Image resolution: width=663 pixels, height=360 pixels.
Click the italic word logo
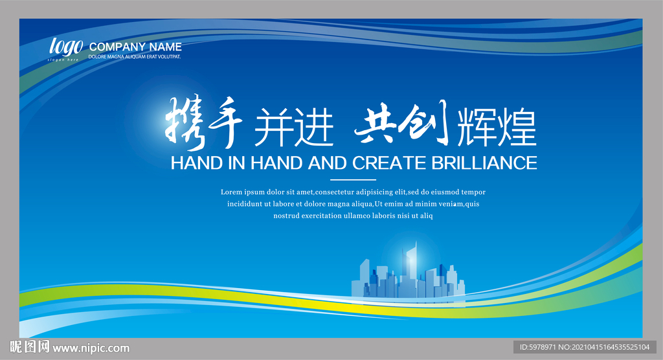[x=66, y=47]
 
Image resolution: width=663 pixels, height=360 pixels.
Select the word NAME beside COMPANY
[x=165, y=47]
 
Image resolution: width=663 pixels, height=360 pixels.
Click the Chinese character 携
[x=185, y=123]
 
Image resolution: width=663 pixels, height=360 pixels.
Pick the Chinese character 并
[x=273, y=126]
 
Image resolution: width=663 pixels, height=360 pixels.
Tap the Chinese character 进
[x=314, y=126]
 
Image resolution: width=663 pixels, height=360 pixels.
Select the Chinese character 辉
[x=477, y=127]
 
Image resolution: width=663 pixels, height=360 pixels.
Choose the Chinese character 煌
[x=517, y=127]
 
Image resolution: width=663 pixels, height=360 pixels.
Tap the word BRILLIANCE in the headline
[x=484, y=163]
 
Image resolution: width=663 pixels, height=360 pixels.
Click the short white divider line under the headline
[x=353, y=180]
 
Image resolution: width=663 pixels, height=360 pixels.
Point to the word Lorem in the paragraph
[x=231, y=192]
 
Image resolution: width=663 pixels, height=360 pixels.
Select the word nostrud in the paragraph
[x=286, y=216]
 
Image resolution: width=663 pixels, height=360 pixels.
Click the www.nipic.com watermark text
[x=91, y=348]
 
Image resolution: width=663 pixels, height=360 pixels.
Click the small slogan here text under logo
[x=63, y=60]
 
